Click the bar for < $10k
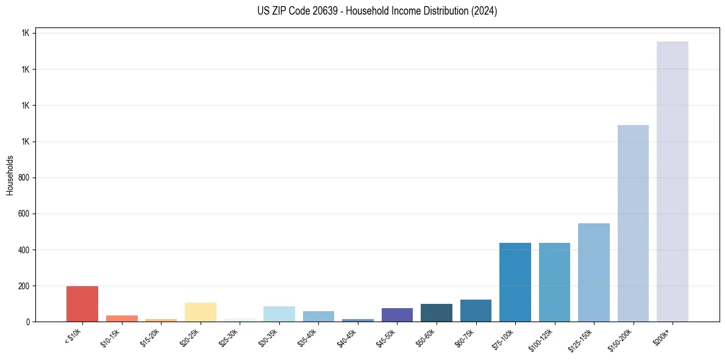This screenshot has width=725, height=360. tap(82, 304)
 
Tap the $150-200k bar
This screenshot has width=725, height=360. tap(633, 223)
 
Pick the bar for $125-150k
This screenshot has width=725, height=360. tap(594, 273)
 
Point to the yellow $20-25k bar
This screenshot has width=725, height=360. tap(201, 312)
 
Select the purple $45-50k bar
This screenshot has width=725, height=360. tap(397, 315)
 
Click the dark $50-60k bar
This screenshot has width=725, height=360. tap(437, 313)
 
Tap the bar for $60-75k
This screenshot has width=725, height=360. tap(476, 311)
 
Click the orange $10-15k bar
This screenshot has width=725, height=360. tap(122, 319)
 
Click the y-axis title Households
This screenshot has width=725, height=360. tap(10, 175)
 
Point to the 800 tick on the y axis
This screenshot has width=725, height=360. tap(23, 178)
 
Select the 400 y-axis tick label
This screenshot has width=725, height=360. tap(23, 250)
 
